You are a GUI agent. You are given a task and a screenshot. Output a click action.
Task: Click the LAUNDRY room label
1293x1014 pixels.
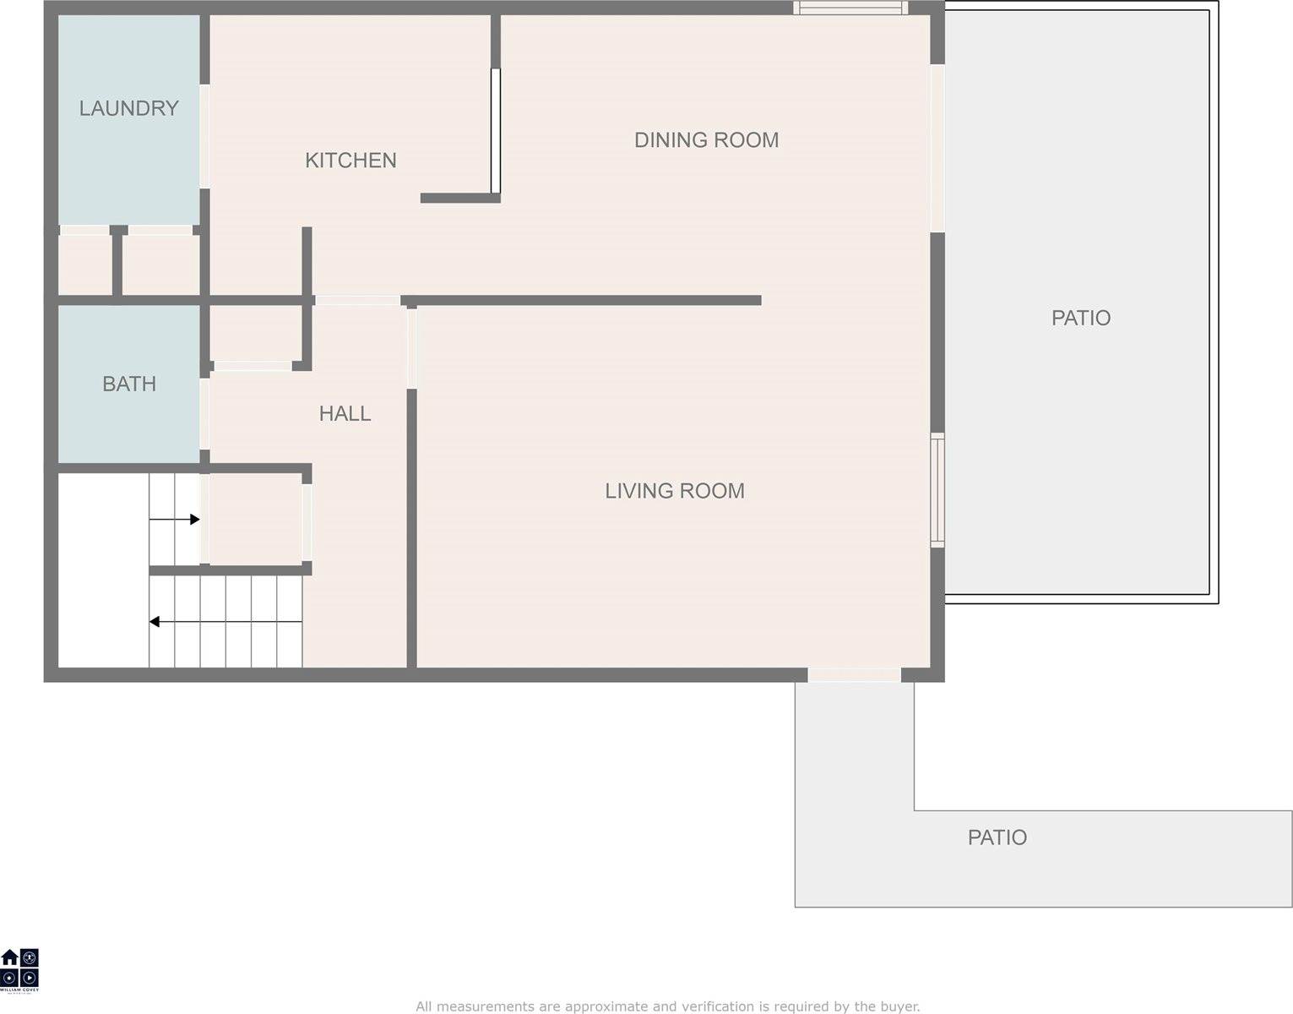point(128,108)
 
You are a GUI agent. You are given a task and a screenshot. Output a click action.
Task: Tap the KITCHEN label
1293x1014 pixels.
point(350,161)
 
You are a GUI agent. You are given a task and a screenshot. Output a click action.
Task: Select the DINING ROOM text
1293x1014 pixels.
point(706,140)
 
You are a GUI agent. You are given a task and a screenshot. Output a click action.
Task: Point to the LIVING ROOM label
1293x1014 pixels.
point(674,491)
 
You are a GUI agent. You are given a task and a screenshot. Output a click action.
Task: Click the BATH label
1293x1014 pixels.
point(129,384)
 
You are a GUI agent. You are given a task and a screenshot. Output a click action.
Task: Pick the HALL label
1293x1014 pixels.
point(345,413)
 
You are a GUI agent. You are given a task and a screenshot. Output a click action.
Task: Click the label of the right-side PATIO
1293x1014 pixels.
point(1080,318)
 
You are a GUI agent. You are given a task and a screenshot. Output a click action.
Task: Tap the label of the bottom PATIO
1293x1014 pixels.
point(997,837)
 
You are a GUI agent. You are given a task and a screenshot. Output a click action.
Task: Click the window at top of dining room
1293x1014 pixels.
point(850,8)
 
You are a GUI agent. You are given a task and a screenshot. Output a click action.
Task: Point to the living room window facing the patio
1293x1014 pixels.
point(937,490)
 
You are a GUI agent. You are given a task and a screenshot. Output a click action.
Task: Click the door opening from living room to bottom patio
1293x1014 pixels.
point(854,675)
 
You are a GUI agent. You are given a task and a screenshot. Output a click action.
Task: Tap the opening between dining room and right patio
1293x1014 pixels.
point(937,148)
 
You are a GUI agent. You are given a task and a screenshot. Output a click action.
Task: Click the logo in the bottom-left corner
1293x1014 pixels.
point(19,970)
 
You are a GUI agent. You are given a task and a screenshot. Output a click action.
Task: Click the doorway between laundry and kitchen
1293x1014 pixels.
point(204,136)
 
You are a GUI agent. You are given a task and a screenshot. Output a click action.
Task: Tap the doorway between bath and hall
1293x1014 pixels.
point(204,414)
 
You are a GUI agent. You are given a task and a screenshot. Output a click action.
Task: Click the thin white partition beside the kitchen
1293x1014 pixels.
point(496,131)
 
